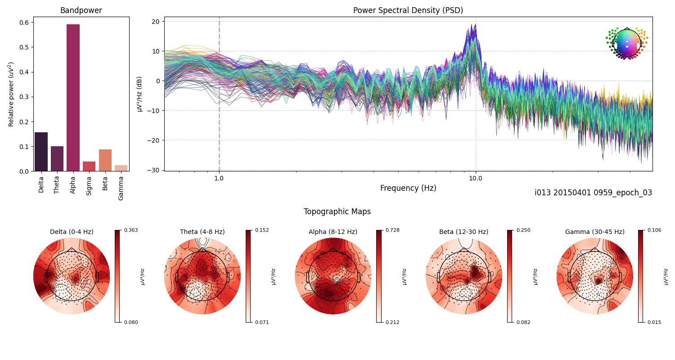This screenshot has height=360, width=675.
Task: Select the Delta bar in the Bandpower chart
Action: pos(41,152)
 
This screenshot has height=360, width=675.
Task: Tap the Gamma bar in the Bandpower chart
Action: pos(121,168)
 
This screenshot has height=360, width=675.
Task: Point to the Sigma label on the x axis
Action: pos(89,184)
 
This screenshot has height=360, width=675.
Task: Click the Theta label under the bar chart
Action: pos(57,184)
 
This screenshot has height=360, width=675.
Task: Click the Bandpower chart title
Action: pos(81,10)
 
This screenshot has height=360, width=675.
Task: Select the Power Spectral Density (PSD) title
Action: pos(408,10)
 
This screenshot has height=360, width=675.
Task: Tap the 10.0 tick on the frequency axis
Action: pos(476,178)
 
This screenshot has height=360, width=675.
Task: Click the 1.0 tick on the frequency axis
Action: pos(219,178)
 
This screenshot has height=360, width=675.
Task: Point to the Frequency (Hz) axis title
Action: pos(408,188)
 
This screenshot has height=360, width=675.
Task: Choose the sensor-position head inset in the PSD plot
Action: pos(626,43)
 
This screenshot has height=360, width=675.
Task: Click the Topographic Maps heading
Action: pos(337,211)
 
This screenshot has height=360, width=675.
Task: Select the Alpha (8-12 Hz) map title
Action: pos(333,232)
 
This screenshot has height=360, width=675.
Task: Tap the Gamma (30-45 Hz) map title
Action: pos(594,232)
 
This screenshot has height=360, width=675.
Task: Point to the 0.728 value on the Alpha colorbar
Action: pos(393,230)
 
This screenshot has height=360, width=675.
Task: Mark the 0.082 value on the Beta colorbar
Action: pos(523,322)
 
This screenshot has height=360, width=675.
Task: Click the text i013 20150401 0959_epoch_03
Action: pos(593,193)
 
